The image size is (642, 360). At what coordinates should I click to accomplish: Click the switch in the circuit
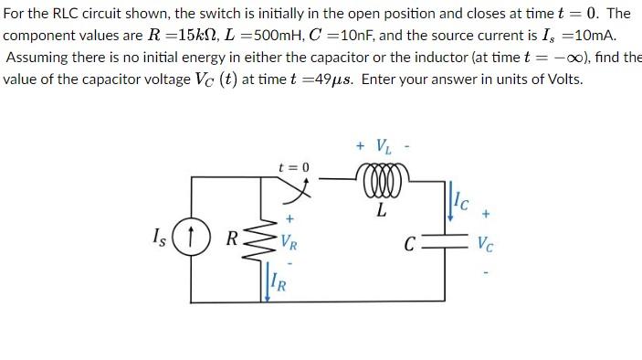tap(295, 187)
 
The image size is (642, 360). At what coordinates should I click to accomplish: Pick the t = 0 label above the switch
tap(294, 167)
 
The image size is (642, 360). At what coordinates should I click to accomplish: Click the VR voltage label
tap(289, 243)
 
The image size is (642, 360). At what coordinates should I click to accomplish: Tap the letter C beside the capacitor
tap(416, 245)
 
